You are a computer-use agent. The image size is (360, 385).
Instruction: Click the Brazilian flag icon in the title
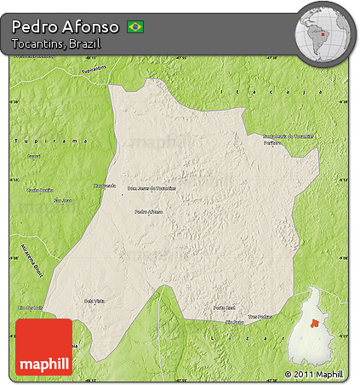coord(134,26)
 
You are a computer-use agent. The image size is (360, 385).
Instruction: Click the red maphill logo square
coord(44,347)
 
